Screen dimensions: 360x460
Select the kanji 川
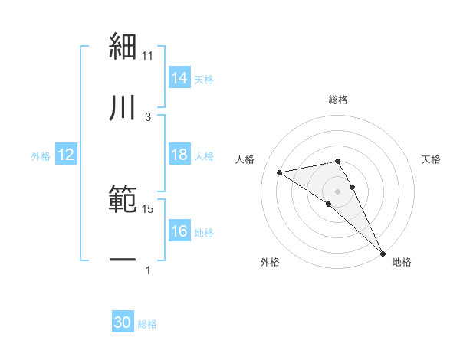[123, 108]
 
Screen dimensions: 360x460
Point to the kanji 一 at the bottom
[123, 261]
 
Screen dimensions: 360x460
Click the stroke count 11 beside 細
[148, 55]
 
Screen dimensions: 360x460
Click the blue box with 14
[179, 78]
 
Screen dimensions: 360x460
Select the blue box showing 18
[179, 155]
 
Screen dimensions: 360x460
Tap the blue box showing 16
[179, 231]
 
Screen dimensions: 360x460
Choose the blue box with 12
[66, 155]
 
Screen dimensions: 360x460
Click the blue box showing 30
[123, 322]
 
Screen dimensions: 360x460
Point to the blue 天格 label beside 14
[204, 80]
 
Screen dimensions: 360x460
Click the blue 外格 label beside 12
[41, 156]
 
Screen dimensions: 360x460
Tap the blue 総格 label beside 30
[147, 324]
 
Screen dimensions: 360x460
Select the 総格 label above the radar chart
[338, 100]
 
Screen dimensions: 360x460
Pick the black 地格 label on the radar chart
[402, 262]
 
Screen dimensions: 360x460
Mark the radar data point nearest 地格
[383, 252]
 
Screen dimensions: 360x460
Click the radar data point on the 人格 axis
[280, 172]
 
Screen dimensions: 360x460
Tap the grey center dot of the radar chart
[338, 191]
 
